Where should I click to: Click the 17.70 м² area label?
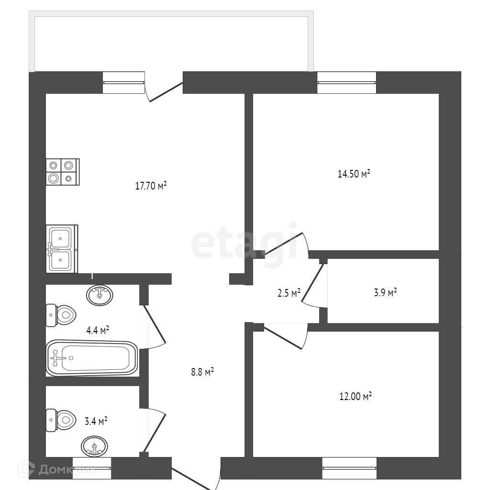pyautogui.click(x=150, y=186)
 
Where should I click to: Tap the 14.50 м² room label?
pyautogui.click(x=354, y=174)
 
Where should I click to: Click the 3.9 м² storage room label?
pyautogui.click(x=385, y=293)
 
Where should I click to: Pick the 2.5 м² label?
pyautogui.click(x=289, y=293)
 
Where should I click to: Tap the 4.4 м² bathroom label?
pyautogui.click(x=98, y=330)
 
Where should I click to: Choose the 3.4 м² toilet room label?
pyautogui.click(x=96, y=422)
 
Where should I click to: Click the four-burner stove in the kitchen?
pyautogui.click(x=62, y=172)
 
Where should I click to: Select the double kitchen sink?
pyautogui.click(x=61, y=249)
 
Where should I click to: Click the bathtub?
pyautogui.click(x=92, y=358)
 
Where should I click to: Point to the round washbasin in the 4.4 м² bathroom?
pyautogui.click(x=100, y=295)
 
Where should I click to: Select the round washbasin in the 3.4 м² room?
pyautogui.click(x=95, y=447)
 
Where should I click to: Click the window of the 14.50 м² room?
pyautogui.click(x=347, y=82)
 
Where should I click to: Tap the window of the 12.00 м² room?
pyautogui.click(x=349, y=468)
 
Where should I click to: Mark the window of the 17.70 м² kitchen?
pyautogui.click(x=123, y=82)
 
